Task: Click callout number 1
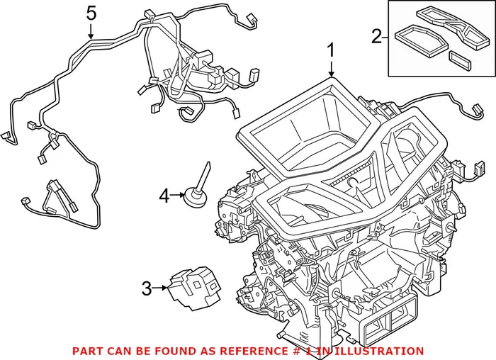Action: click(x=330, y=51)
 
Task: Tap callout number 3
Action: click(x=147, y=288)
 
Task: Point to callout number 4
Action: click(x=164, y=195)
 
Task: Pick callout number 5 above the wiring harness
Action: click(x=90, y=12)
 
